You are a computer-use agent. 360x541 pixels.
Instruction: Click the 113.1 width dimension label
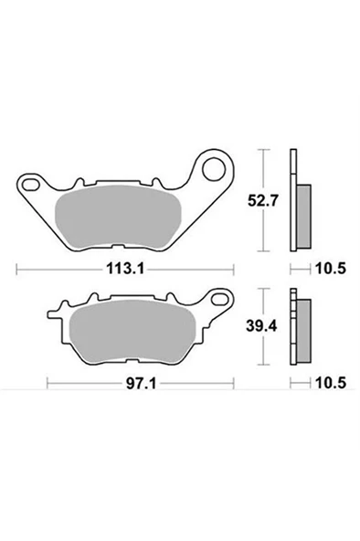[x=125, y=269]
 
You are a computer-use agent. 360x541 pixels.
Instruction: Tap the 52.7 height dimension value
[x=262, y=201]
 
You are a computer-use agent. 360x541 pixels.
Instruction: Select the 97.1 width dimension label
[x=141, y=383]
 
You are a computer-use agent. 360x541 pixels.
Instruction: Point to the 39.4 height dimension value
[x=261, y=326]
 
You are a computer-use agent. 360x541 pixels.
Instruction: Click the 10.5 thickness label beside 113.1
[x=331, y=269]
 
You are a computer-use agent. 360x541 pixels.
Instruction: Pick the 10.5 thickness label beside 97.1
[x=331, y=383]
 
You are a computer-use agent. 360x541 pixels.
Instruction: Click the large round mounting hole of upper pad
[x=214, y=169]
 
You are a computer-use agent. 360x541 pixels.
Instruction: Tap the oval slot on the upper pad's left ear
[x=30, y=185]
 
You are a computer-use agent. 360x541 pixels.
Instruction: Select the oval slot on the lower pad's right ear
[x=220, y=298]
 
